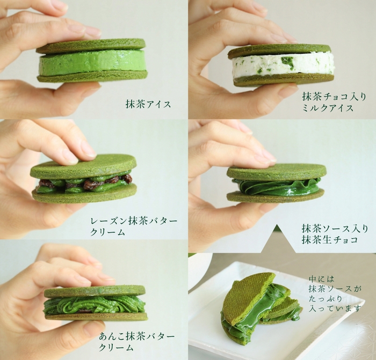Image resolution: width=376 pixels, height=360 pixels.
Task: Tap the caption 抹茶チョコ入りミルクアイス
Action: (327, 102)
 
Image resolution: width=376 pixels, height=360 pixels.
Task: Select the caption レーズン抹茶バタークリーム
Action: (134, 226)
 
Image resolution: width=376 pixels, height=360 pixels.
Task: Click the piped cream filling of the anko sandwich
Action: (94, 304)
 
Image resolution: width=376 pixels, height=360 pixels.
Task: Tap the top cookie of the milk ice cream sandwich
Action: (279, 50)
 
